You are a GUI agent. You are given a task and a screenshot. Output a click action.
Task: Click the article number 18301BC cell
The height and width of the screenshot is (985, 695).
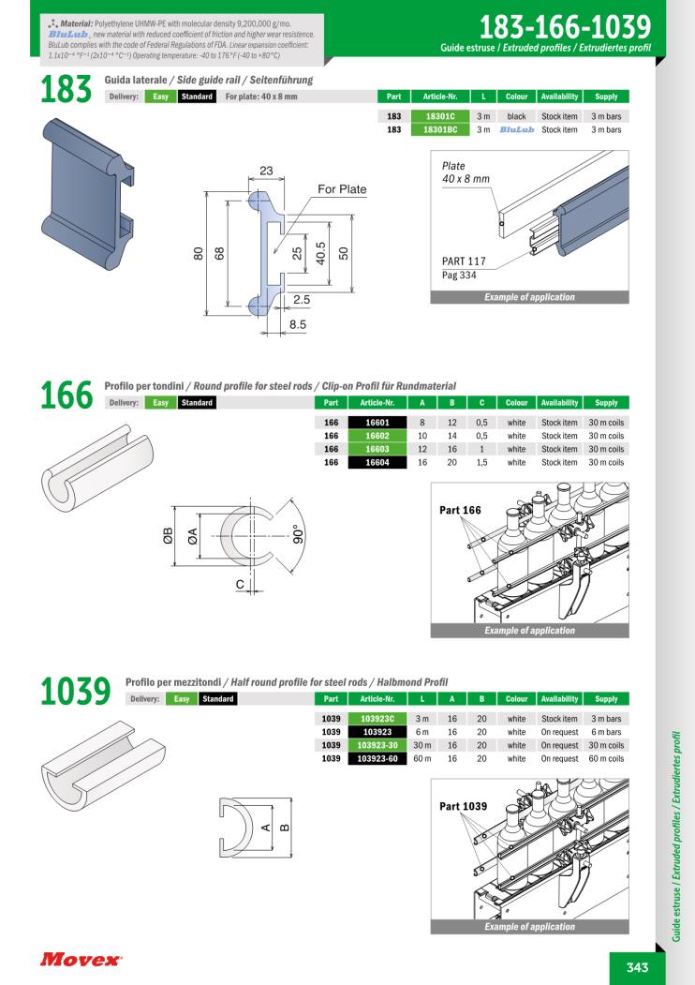coord(440,129)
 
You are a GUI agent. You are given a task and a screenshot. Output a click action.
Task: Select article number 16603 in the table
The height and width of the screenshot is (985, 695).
coord(377,449)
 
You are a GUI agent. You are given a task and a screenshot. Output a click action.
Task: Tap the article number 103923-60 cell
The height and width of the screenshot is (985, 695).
coord(377,759)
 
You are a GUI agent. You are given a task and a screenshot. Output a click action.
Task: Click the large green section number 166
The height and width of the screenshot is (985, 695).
coord(66,395)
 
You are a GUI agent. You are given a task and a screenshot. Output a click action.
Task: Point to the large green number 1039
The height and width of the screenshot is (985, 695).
coord(75,691)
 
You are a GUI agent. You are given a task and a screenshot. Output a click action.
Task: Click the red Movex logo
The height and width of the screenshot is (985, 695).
coord(81,960)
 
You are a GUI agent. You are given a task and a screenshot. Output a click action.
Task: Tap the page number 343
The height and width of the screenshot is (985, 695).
coord(637,967)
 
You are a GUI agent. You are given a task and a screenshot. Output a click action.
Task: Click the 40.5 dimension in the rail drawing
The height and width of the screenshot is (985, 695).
coord(320,254)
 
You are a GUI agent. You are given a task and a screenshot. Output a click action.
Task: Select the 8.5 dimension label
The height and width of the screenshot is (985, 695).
coord(298,324)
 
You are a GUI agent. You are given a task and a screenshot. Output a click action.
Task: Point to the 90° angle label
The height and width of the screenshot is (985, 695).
coord(298,533)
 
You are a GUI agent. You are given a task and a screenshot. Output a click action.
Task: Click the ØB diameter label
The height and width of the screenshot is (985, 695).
coord(168,536)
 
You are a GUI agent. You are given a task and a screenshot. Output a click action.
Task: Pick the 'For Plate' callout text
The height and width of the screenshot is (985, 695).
coord(342,189)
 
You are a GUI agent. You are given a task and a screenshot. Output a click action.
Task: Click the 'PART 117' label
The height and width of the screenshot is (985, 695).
coord(464,261)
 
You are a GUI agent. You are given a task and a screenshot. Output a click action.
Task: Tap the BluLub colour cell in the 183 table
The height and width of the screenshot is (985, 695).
coord(517,129)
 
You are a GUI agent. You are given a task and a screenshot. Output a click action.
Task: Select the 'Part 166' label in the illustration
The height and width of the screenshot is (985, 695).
coord(460,510)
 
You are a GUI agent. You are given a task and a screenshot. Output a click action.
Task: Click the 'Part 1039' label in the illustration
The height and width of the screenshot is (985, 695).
coord(464,806)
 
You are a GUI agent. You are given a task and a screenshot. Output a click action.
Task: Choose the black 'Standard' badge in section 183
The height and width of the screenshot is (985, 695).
coord(197,97)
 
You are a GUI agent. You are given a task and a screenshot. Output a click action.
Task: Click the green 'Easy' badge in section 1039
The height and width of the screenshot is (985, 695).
coord(182,699)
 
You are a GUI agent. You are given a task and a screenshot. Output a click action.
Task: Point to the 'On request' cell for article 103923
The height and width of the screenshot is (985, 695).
coord(559,732)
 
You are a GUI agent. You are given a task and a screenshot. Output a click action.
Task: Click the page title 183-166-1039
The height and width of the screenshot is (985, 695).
coord(565,27)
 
